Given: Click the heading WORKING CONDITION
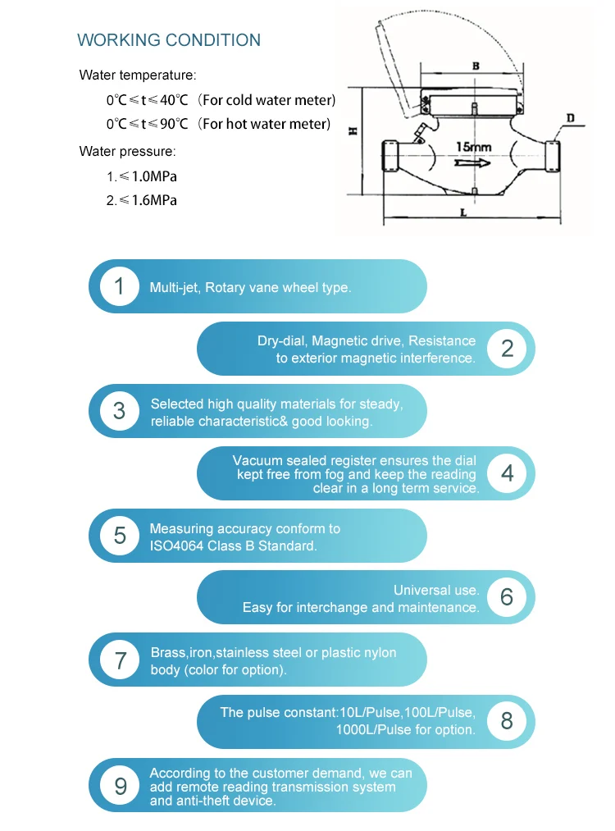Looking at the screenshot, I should click(x=169, y=40).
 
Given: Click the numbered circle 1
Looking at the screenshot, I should click(x=120, y=286).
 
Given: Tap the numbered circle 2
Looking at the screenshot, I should click(x=507, y=349).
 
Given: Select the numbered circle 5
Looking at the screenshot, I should click(x=120, y=536).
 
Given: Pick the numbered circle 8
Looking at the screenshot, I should click(x=507, y=721).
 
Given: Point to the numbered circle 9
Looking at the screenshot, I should click(x=120, y=786).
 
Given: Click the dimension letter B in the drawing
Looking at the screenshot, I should click(x=476, y=64).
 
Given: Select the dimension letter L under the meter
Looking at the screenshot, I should click(x=463, y=212).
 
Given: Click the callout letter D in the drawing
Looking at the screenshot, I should click(x=570, y=118).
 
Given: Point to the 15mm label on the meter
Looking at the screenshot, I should click(x=474, y=147).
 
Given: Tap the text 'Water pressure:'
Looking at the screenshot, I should click(x=127, y=151).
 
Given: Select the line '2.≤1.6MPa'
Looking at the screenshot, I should click(x=141, y=200).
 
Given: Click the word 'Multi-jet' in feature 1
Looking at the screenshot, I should click(x=174, y=287).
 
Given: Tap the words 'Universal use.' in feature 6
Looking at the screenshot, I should click(x=436, y=590).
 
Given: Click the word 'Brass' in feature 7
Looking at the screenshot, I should click(x=168, y=653).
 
